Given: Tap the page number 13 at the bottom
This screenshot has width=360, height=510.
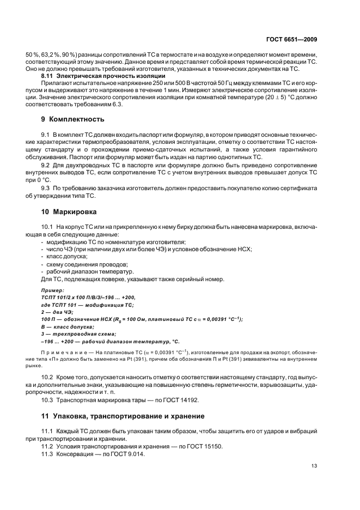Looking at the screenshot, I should point(314,465).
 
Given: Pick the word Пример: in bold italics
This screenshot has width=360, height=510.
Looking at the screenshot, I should point(53,291).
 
